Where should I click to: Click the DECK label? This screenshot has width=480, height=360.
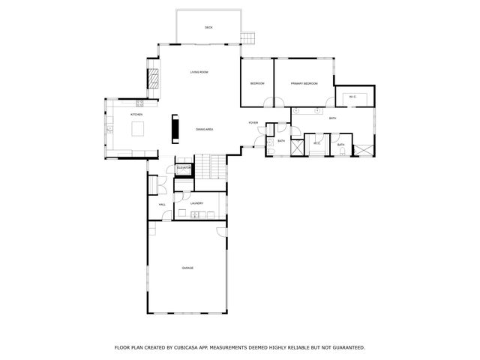click(x=208, y=28)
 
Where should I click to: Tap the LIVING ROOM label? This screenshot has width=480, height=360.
click(x=199, y=72)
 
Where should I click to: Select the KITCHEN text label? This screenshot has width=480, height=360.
click(x=136, y=114)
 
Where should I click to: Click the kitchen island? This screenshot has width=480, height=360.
click(x=138, y=129)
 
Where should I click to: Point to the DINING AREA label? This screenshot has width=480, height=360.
click(x=205, y=129)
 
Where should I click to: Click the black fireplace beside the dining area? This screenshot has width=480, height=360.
click(x=176, y=127)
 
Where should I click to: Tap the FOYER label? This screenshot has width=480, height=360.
click(x=253, y=122)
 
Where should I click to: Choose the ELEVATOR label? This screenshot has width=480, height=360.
click(x=184, y=167)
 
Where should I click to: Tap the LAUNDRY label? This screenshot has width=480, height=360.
click(x=197, y=202)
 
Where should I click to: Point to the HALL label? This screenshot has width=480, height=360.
click(x=162, y=204)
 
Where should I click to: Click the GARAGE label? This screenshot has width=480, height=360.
click(x=187, y=268)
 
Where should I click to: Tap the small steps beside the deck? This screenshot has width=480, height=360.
click(x=248, y=37)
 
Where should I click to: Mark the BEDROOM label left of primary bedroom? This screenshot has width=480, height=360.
click(x=257, y=83)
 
